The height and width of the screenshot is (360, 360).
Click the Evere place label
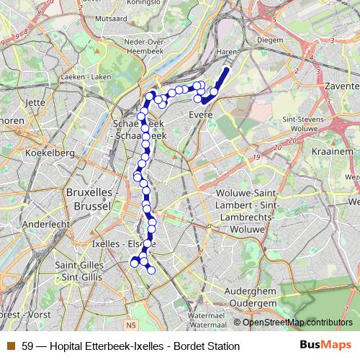pos(200,114)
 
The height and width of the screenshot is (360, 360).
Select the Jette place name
pos(35,102)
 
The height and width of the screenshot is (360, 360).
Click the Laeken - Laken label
pos(86,76)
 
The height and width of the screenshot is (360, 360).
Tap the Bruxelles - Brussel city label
pos(93,199)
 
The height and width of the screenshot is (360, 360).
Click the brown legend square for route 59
pos(10,346)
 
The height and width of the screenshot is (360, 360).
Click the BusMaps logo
pos(325,346)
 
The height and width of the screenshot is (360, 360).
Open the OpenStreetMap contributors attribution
pos(297,322)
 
